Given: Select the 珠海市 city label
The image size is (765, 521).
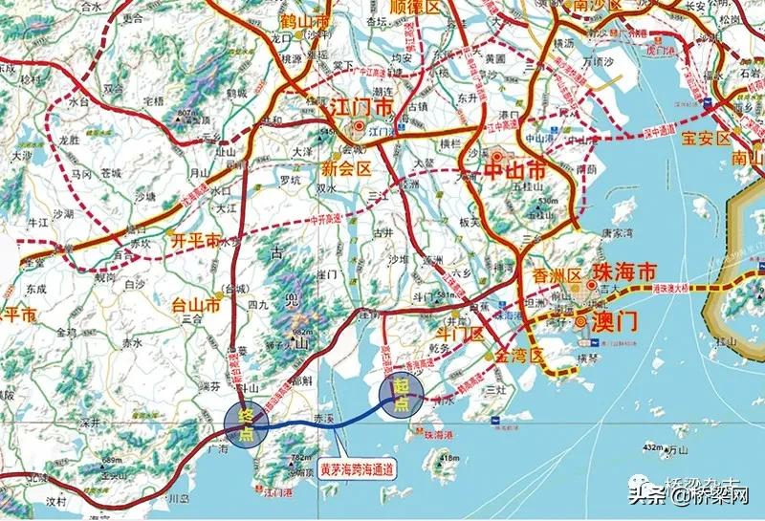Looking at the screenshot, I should (625, 271).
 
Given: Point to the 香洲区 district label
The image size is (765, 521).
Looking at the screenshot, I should (556, 275).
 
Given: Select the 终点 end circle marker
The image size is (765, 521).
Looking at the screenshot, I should (248, 423).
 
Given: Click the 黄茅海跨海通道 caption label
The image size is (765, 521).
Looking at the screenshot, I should (357, 470).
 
